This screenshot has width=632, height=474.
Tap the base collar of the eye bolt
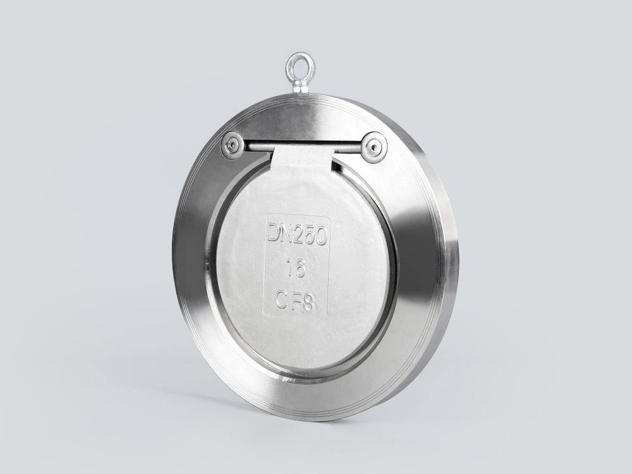pos(300,86)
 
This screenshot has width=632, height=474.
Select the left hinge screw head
pos(232,145)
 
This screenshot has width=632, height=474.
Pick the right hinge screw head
pos(374,147)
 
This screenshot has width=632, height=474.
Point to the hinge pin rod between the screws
pos(302,146)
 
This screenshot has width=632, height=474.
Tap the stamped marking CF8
pos(295,300)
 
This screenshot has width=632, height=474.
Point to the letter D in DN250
pos(272,233)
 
